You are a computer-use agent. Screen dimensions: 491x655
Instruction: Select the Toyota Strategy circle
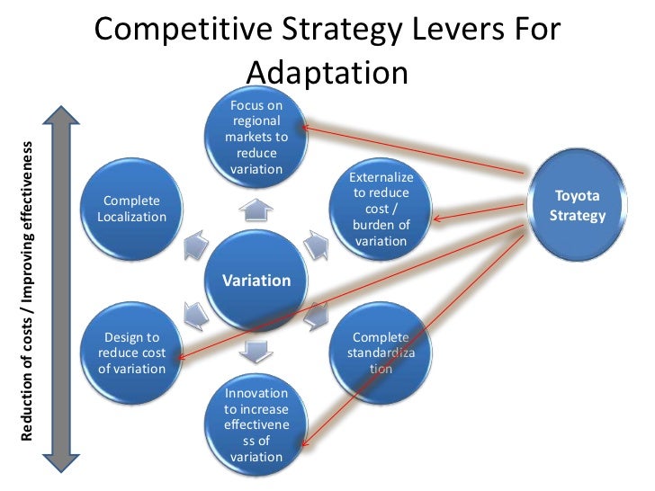[577, 206]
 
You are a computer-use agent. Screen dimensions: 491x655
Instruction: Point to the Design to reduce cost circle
[132, 353]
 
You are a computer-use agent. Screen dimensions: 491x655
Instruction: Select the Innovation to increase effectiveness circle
[256, 424]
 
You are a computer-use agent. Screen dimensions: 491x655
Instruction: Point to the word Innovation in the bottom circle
[256, 393]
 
